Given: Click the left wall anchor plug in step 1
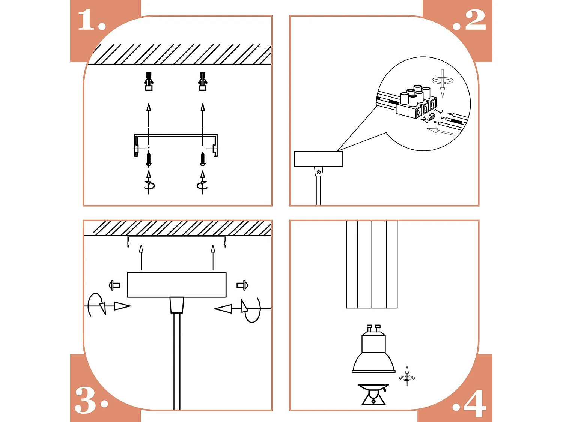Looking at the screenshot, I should pos(149,81).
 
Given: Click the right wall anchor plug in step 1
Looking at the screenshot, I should pos(203,81).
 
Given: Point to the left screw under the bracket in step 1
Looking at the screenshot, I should pos(149,159).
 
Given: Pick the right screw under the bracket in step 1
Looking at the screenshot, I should pos(203,159).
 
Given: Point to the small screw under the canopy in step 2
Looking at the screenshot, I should pos(319,172).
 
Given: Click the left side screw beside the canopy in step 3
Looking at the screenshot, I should pos(114,285).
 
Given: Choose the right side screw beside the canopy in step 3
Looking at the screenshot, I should pos(242,285).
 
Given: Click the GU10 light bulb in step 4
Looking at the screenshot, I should pos(373,351).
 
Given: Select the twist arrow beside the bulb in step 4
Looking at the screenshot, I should pos(407,376).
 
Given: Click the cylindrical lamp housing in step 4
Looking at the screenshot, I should pos(372,264).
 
